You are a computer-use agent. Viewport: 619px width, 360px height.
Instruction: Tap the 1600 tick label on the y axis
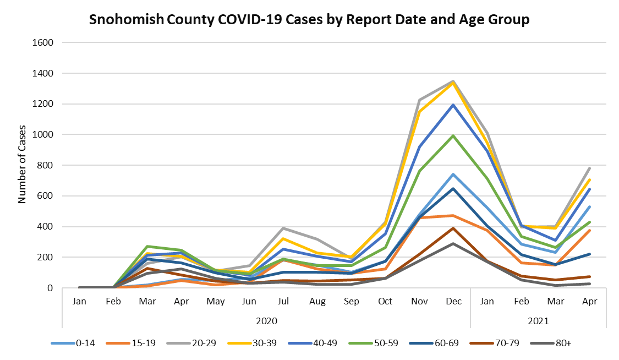pos(43,42)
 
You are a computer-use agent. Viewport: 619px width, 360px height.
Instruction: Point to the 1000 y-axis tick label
pos(43,134)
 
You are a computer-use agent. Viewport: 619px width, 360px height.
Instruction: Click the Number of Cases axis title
pos(22,165)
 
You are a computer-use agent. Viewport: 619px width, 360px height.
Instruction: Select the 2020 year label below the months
pos(266,320)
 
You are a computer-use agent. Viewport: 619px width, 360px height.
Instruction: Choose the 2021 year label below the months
pos(538,320)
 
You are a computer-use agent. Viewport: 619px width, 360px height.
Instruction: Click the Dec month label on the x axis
pos(453,301)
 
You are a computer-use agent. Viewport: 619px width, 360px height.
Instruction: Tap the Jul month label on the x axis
pos(283,301)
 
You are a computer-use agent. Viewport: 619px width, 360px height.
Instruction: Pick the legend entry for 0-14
pos(72,343)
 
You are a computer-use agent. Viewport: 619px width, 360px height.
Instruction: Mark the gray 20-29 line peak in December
pos(453,81)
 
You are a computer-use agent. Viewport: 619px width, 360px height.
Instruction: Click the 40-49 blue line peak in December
pos(453,105)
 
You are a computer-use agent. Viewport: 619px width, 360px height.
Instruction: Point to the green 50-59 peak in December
pos(453,135)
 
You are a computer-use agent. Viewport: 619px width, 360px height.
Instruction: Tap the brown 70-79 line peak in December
pos(453,228)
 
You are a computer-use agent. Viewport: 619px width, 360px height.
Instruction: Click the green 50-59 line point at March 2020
pos(147,246)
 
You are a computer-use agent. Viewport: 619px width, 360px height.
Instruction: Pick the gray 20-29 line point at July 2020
pos(283,228)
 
